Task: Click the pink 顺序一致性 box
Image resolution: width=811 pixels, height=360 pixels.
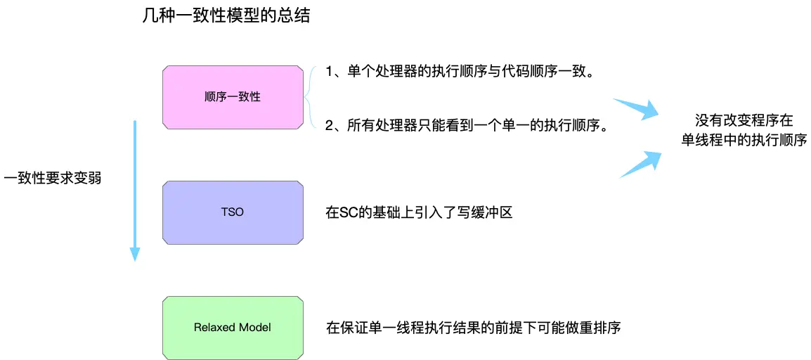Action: pos(233,97)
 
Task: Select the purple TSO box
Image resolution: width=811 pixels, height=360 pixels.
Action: pos(233,212)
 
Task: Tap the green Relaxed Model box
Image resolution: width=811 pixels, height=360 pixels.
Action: pos(233,327)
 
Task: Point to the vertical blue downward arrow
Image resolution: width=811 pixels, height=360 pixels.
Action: pos(134,190)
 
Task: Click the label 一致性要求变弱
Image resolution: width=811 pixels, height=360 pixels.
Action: pos(53,178)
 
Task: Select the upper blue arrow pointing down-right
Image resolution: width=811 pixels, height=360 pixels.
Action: pos(636,110)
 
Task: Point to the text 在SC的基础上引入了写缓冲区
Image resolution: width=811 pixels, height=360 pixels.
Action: pos(419,212)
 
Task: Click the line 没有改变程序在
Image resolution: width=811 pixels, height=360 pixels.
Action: pos(744,120)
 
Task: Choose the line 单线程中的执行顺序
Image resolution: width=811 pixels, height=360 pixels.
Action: pos(744,140)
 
